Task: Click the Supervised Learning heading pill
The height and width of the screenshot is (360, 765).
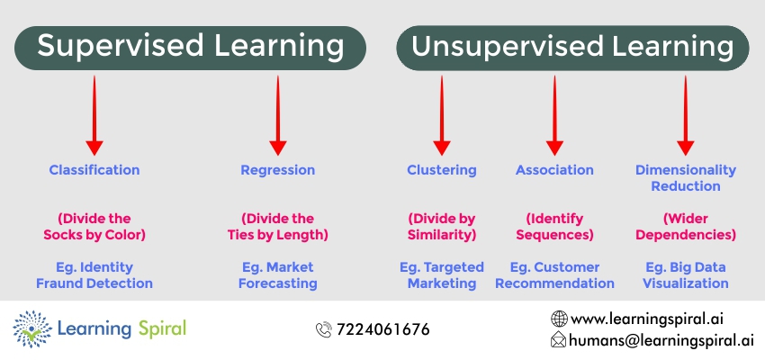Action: pos(190,48)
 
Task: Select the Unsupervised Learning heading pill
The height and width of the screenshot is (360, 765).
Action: pos(572,48)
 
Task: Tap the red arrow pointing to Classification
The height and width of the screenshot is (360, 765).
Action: pos(94,115)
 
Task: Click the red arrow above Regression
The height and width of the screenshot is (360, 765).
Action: pos(277,115)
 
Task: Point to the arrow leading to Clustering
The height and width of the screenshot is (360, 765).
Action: pos(442,115)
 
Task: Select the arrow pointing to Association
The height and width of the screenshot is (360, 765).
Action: pos(554,115)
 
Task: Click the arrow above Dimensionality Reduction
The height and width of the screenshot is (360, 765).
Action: pos(686,115)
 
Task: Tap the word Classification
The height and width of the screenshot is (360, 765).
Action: pos(94,170)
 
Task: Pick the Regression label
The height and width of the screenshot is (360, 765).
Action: pos(277,170)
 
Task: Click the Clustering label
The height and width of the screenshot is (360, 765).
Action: pos(442,170)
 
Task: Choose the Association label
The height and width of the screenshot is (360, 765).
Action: pos(554,170)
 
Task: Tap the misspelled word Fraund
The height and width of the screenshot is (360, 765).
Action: pos(56,283)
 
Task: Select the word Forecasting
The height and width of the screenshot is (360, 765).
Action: pos(277,283)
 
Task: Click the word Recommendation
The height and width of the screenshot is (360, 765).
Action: pos(554,283)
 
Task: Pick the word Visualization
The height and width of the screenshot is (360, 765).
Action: pos(686,283)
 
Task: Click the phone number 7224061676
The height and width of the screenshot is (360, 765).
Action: pos(383,329)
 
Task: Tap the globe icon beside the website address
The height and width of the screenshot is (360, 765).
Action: pos(559,319)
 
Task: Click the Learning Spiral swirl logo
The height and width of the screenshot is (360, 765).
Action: pos(32,329)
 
